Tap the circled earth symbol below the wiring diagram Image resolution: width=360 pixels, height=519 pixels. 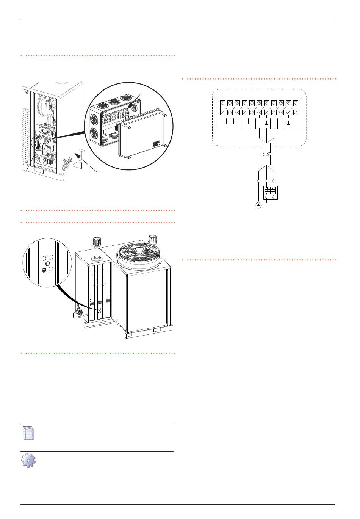pyautogui.click(x=258, y=205)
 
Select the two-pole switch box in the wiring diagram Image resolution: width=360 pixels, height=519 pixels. pyautogui.click(x=270, y=192)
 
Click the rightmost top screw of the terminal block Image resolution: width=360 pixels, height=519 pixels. pyautogui.click(x=296, y=103)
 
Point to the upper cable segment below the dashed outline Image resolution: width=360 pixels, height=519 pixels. pyautogui.click(x=266, y=147)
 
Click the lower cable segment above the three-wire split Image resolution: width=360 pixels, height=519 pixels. pyautogui.click(x=266, y=159)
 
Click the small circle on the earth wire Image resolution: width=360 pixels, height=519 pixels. pyautogui.click(x=258, y=181)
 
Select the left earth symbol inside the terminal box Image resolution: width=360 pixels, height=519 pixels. pyautogui.click(x=266, y=124)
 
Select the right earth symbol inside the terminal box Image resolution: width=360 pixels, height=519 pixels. pyautogui.click(x=288, y=124)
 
